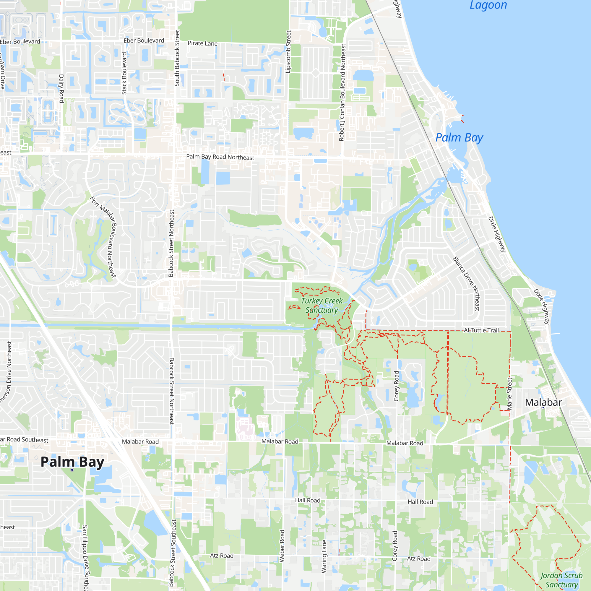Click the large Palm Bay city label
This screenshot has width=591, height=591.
[72, 462]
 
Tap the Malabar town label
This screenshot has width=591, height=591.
[543, 402]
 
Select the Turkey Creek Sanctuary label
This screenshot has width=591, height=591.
[322, 305]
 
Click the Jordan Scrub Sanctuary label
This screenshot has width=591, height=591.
[561, 580]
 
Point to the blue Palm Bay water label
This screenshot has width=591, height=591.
[459, 138]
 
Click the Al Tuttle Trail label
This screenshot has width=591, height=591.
[481, 330]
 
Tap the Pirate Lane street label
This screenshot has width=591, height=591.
[202, 43]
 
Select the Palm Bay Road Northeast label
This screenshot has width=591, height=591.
[220, 157]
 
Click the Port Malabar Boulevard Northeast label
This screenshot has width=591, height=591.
[104, 237]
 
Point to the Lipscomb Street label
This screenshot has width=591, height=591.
[288, 52]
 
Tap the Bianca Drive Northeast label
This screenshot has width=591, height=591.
[466, 284]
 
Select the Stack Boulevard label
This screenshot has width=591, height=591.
[124, 73]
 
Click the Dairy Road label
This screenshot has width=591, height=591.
[61, 88]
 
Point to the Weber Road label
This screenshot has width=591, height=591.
[282, 546]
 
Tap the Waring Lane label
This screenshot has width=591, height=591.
[324, 556]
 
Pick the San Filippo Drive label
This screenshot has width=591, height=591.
[85, 558]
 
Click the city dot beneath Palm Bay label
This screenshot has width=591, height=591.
[72, 470]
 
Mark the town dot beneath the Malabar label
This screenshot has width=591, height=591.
[543, 407]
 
